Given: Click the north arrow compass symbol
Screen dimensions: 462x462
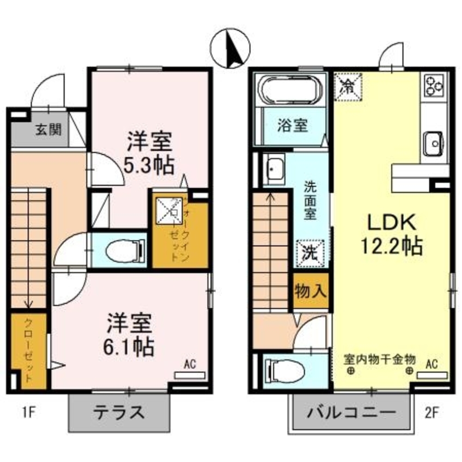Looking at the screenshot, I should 230,47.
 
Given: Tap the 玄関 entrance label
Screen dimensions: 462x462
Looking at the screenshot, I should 48,130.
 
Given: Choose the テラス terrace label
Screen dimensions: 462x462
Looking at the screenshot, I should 119,411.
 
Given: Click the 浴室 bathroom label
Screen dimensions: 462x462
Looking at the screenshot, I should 292,125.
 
